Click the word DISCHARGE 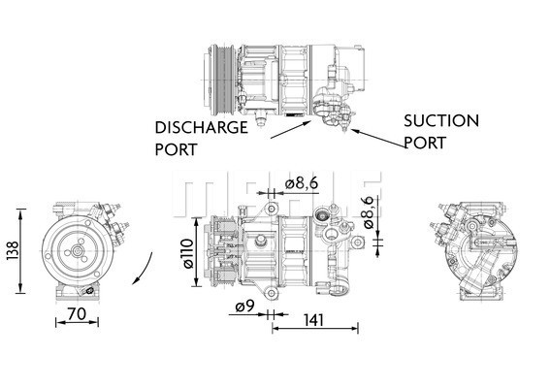coord(201,127)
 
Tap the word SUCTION coord(441,121)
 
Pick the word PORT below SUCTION coord(425,143)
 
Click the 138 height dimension coord(10,250)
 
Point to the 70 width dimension coord(79,314)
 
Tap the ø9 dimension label coord(243,309)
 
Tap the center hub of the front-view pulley coord(77,250)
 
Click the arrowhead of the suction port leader coord(351,130)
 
